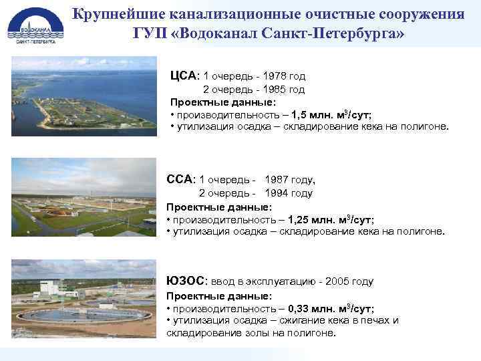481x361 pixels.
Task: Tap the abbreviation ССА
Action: click(179, 179)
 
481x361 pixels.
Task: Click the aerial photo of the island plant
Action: click(84, 96)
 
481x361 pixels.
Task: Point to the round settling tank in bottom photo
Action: click(87, 314)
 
